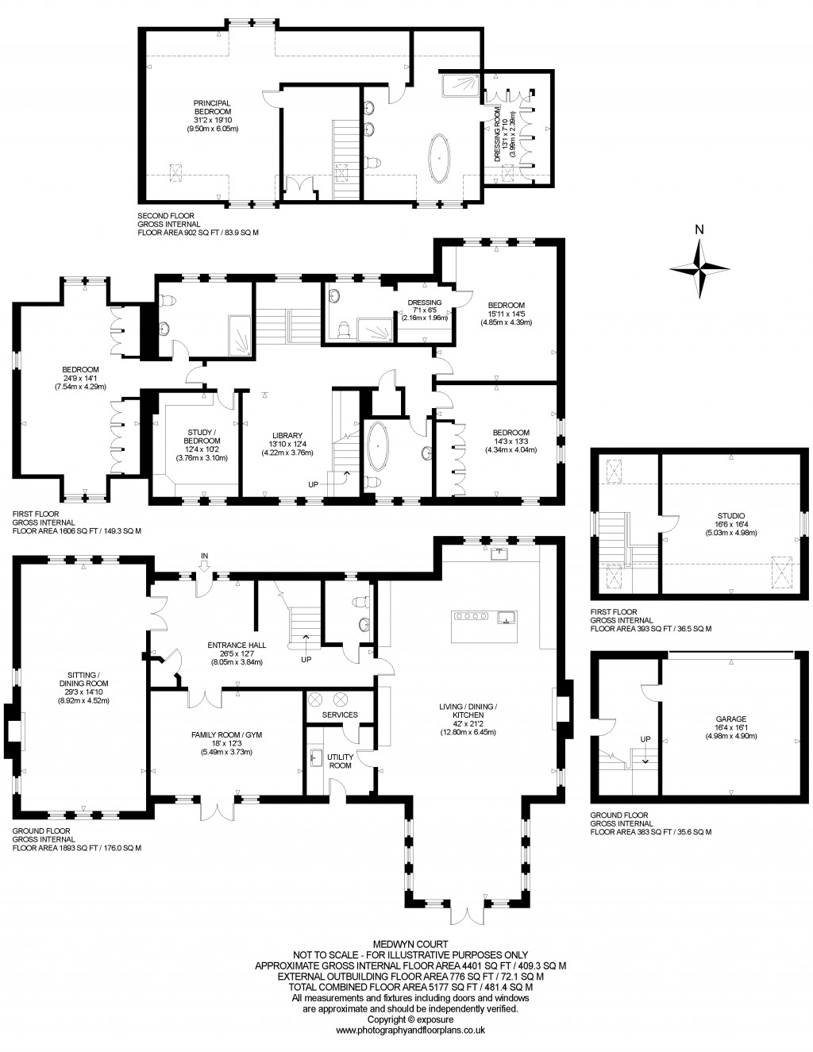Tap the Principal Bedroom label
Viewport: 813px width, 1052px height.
212,115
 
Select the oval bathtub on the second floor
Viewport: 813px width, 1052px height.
438,158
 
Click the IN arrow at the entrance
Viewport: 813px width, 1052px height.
205,561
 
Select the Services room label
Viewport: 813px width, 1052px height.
340,715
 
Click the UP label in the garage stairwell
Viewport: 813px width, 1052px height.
645,739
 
